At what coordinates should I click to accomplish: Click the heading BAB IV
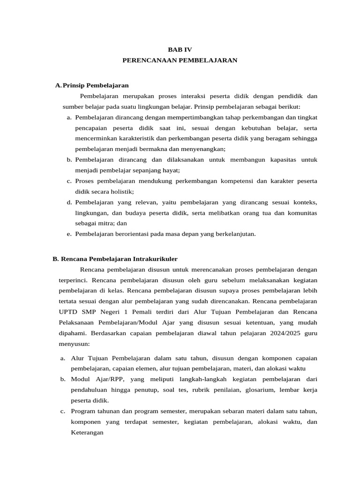point(180,49)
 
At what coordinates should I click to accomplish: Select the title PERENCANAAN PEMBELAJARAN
point(180,60)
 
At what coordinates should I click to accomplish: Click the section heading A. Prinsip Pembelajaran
point(91,85)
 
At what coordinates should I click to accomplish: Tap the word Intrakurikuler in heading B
point(156,259)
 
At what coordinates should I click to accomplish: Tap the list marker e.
point(69,234)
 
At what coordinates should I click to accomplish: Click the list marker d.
point(69,202)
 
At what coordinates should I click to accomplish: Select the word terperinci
point(70,280)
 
